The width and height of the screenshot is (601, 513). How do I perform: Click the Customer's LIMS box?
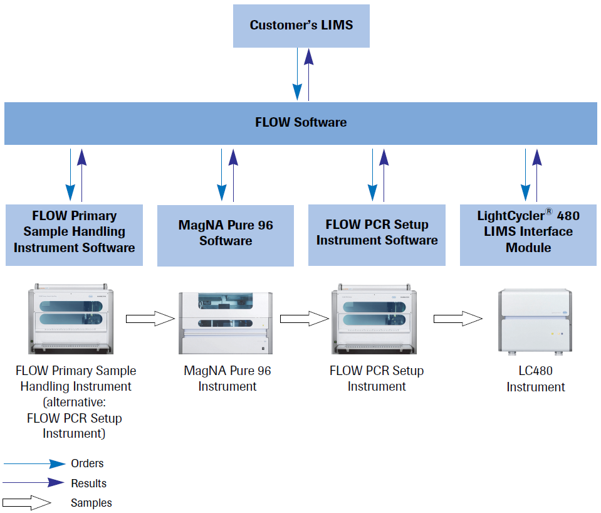pos(301,25)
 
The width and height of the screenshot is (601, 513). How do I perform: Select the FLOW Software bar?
pos(301,123)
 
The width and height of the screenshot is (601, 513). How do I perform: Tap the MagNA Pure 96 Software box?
pos(226,233)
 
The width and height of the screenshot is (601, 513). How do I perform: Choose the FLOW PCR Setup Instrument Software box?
pos(377,233)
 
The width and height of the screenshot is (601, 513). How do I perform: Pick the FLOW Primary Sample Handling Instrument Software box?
pos(74,232)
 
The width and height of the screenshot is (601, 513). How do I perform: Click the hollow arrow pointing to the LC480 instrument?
pos(458,319)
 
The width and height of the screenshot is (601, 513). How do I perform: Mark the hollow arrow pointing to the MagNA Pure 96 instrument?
pos(150,319)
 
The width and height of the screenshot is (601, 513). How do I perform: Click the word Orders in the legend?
pos(87,463)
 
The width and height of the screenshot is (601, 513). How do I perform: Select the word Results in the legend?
pos(88,484)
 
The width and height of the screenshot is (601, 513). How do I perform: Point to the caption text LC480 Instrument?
pos(536,379)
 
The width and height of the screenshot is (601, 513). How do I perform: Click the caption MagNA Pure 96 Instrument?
pos(227,379)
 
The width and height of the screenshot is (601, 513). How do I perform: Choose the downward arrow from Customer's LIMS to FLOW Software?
pos(298,74)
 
